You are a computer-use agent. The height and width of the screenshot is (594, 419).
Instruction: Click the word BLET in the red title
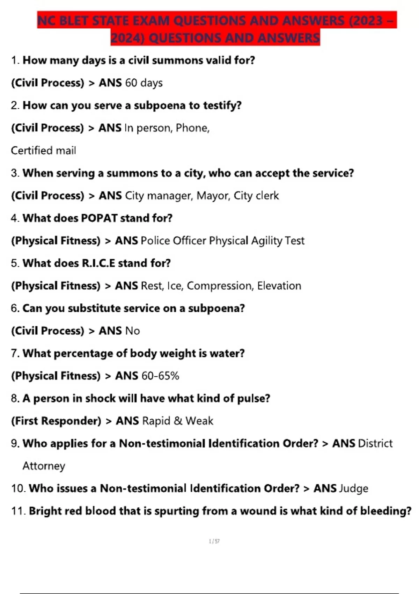tap(74, 21)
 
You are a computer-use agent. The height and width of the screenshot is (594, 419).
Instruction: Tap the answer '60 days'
tap(144, 83)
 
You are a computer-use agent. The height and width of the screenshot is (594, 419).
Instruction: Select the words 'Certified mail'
tap(43, 151)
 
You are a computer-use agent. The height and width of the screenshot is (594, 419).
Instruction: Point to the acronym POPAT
tap(99, 218)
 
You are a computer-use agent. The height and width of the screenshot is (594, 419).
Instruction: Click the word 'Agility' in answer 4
tap(266, 241)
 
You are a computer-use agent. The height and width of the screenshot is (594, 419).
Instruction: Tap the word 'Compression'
tap(220, 286)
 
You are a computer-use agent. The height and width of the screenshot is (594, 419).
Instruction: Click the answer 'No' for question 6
tap(132, 331)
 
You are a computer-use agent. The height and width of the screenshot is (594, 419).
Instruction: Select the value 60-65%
tap(160, 376)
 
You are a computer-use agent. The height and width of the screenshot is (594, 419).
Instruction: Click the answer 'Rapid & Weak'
tap(178, 421)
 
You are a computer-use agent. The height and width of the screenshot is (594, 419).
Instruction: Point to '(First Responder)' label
tap(56, 421)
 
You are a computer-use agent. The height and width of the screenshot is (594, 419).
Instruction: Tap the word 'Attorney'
tap(44, 466)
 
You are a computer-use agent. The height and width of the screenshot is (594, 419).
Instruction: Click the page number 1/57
tap(214, 541)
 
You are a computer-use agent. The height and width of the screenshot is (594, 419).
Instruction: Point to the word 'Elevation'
tap(279, 286)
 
